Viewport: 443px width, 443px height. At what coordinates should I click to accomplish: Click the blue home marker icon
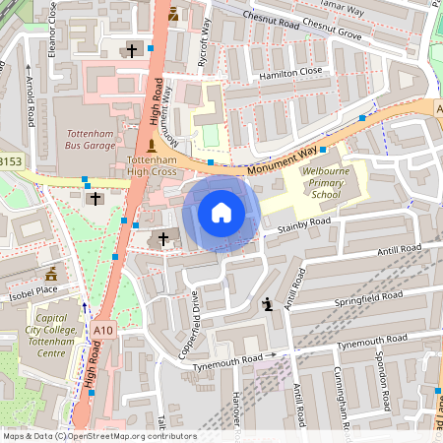221,213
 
